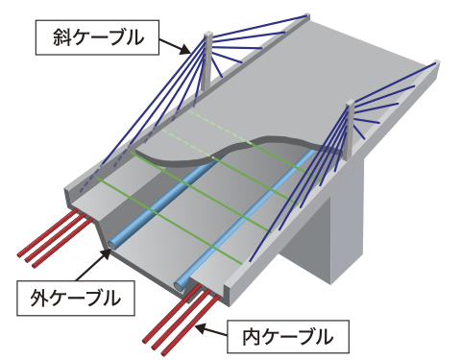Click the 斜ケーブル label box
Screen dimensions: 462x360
click(97, 37)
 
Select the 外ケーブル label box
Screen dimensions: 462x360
click(76, 299)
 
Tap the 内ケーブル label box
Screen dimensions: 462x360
click(288, 337)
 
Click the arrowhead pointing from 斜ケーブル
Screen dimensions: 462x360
click(185, 49)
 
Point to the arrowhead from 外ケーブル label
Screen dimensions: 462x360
click(106, 254)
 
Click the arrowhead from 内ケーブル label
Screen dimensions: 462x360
click(201, 328)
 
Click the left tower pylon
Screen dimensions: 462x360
click(207, 60)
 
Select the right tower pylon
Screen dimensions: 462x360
click(350, 130)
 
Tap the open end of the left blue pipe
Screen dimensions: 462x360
click(112, 245)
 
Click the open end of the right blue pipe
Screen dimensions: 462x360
click(179, 285)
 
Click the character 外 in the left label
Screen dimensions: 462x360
click(38, 299)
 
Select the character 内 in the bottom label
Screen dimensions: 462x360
click(251, 337)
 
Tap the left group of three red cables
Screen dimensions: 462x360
click(55, 238)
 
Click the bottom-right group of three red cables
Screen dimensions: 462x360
click(181, 320)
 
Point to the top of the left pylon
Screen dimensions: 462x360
click(207, 34)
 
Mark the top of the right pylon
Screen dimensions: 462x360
click(350, 103)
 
